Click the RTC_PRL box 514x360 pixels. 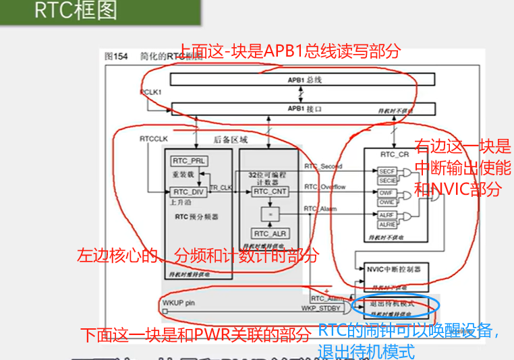tap(189, 161)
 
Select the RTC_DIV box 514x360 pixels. tap(189, 192)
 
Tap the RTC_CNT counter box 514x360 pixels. tap(270, 192)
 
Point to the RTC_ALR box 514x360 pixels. tap(270, 233)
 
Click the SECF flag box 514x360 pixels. tap(387, 172)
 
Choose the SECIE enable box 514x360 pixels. tap(387, 181)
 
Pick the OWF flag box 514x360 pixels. tap(387, 193)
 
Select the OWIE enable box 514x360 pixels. tap(387, 202)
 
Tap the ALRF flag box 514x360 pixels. tap(387, 215)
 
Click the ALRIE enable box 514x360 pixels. tap(387, 224)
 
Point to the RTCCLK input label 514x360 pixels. tap(153, 138)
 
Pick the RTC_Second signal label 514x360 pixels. tap(323, 166)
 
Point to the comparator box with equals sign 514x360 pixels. tap(270, 213)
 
